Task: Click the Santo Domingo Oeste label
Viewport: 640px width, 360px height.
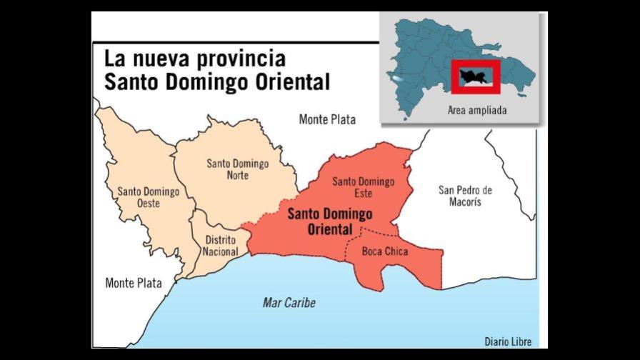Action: (139, 196)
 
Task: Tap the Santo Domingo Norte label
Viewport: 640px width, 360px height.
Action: (238, 169)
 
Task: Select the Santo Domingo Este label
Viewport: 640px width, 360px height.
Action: (363, 188)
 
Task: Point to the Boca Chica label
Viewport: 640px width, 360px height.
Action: (385, 251)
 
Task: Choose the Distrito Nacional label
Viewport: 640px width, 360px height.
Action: (221, 246)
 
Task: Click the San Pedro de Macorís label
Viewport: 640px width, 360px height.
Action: (465, 196)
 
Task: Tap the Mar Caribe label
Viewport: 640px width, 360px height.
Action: (289, 303)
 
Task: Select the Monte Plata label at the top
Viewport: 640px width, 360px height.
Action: (327, 119)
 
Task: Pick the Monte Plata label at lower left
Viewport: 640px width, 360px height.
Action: (134, 283)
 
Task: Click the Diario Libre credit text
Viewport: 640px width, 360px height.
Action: (508, 341)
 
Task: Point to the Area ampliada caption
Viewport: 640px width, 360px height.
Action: (477, 111)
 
